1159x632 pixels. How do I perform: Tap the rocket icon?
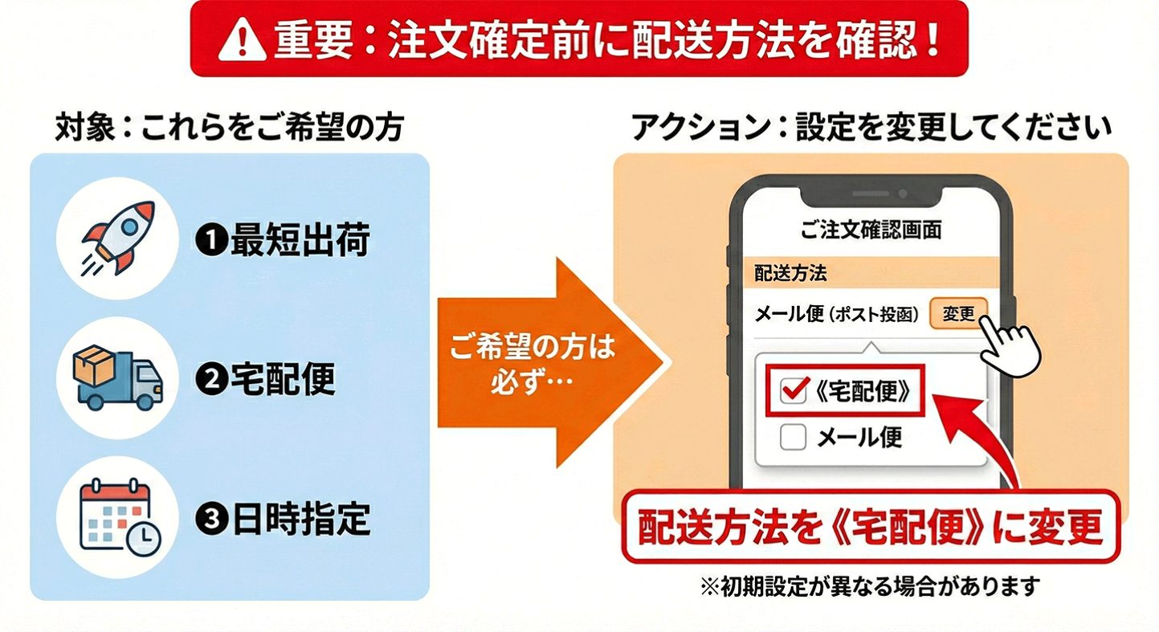[119, 238]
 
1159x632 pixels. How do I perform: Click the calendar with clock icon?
[119, 516]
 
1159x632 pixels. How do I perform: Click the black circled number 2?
[210, 381]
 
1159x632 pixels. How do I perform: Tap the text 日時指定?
[300, 520]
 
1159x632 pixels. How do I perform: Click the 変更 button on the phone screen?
[958, 314]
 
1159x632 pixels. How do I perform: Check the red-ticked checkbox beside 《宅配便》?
[794, 391]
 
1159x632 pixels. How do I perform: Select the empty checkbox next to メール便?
[794, 437]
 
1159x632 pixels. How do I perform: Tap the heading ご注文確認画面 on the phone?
[871, 230]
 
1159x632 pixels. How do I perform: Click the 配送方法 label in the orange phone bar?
[790, 273]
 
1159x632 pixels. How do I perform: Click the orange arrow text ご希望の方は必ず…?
[531, 363]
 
